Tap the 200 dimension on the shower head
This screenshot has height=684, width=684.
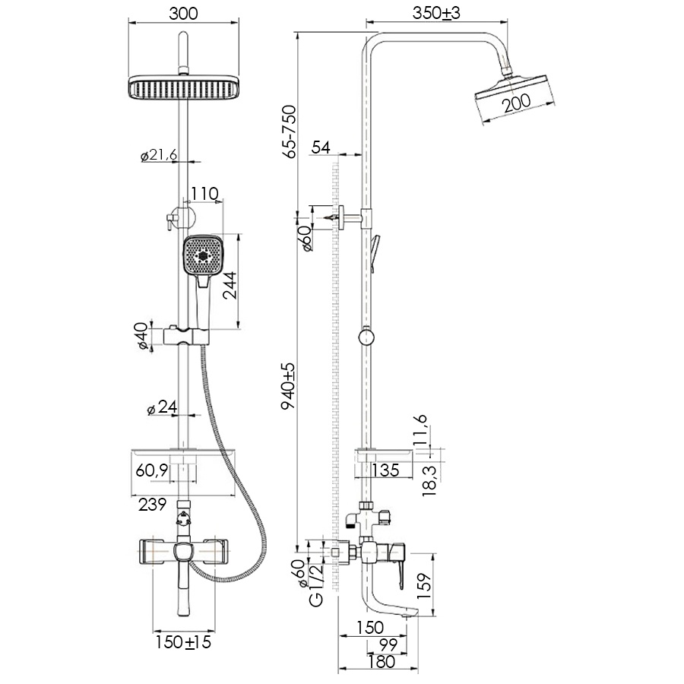516,103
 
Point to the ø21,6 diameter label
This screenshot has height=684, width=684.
159,155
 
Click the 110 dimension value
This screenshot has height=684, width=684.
204,194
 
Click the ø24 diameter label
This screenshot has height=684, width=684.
161,408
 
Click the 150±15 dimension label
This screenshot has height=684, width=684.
183,643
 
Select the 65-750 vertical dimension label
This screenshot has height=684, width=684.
290,131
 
